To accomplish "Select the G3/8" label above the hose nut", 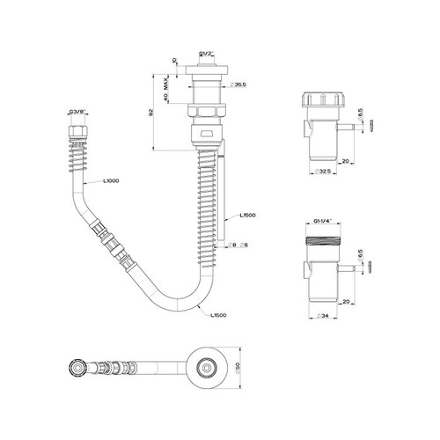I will [x=76, y=112].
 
